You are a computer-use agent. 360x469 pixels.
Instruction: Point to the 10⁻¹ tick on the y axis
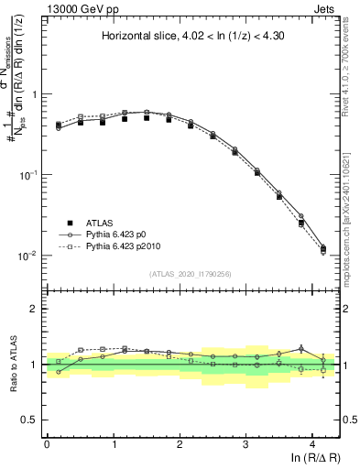pyautogui.click(x=27, y=175)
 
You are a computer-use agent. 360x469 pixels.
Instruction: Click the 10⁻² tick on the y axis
pyautogui.click(x=27, y=256)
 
